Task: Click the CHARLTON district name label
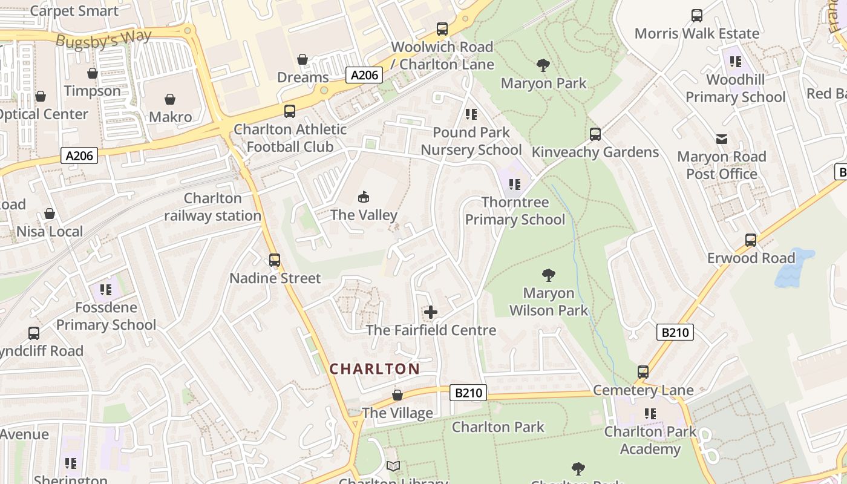(x=374, y=369)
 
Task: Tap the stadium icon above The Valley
(x=364, y=197)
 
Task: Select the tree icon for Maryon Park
(x=543, y=65)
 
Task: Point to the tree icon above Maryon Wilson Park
(x=549, y=275)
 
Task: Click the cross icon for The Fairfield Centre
(x=430, y=312)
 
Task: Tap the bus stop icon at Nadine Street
(x=275, y=260)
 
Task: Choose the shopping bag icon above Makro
(x=170, y=99)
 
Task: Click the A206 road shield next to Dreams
(x=365, y=75)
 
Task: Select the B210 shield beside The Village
(x=468, y=393)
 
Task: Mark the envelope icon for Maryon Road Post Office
(x=722, y=139)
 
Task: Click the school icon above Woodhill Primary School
(x=735, y=61)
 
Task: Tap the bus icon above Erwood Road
(x=751, y=240)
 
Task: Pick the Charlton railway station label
(x=212, y=207)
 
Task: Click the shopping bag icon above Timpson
(x=93, y=73)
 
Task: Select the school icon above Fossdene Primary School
(x=106, y=290)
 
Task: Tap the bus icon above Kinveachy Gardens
(x=595, y=134)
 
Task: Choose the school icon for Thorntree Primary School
(x=515, y=184)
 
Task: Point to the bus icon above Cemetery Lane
(x=643, y=372)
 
